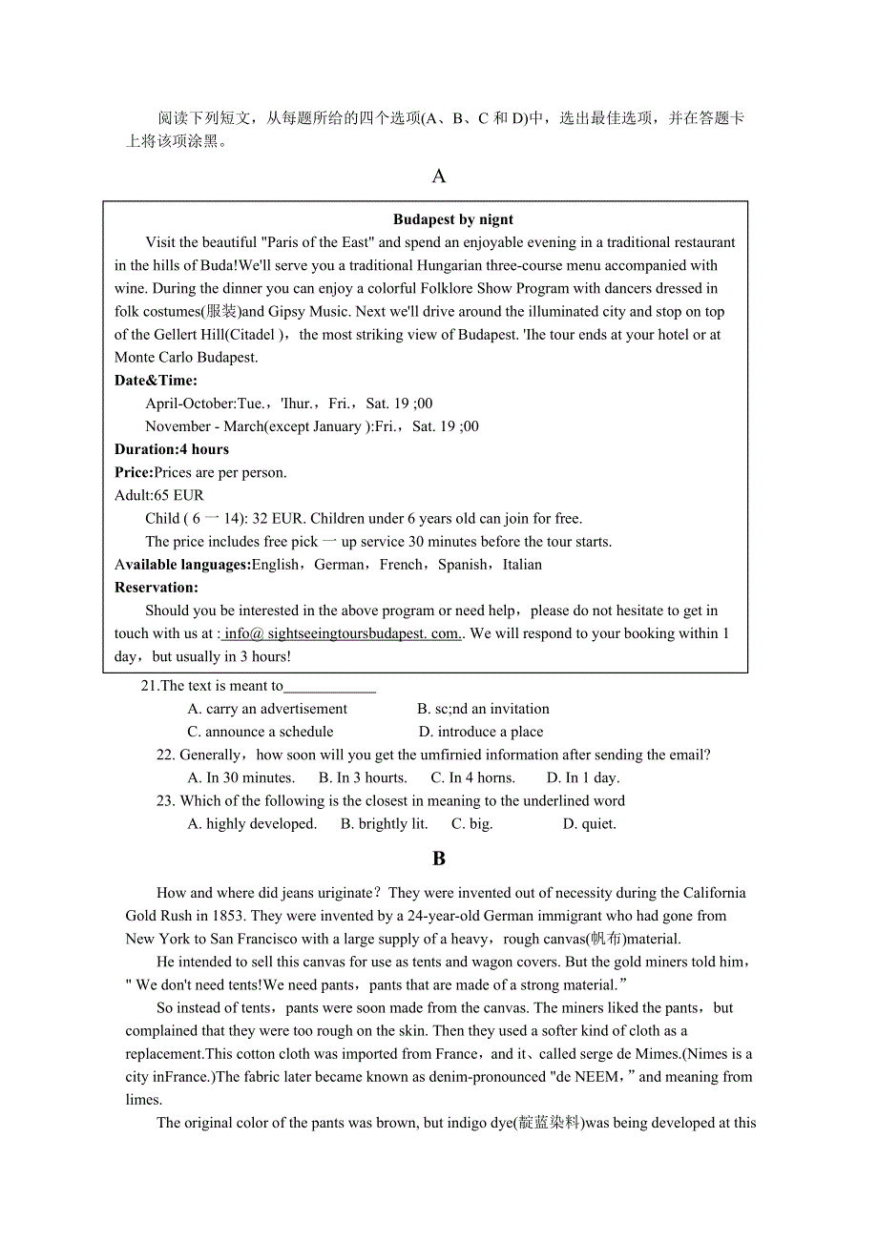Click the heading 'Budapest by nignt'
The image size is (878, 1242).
click(x=453, y=219)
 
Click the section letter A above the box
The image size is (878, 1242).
click(x=439, y=176)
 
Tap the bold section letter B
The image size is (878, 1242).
click(x=439, y=859)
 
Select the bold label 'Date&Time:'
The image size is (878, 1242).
click(x=157, y=381)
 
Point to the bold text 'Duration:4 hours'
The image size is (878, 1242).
click(x=172, y=449)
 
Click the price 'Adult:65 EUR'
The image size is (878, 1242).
click(x=159, y=495)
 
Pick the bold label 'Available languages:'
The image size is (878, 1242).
click(x=182, y=565)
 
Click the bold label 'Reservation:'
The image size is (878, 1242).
click(x=157, y=588)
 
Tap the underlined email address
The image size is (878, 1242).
click(x=342, y=633)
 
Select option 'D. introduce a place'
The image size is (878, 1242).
click(x=481, y=732)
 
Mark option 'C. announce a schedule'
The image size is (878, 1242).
click(x=261, y=732)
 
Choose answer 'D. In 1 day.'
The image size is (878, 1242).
click(x=582, y=777)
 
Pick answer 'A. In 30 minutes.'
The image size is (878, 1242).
click(x=241, y=777)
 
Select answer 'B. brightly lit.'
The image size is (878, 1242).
click(x=384, y=823)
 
